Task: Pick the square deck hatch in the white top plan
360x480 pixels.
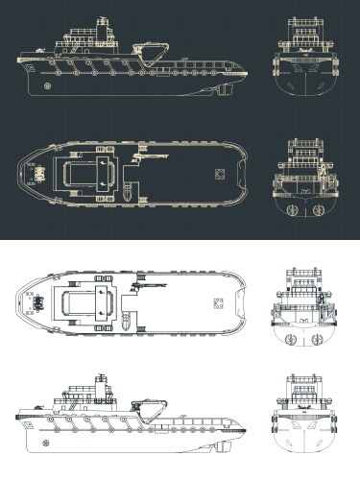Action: pos(218,309)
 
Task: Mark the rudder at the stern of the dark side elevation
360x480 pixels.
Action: pos(223,92)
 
